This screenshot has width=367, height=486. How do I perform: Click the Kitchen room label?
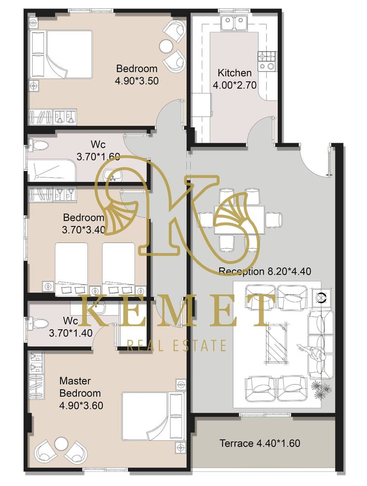click(x=234, y=73)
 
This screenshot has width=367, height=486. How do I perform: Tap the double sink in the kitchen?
click(x=234, y=23)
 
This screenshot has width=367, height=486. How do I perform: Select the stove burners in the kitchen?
click(x=267, y=61)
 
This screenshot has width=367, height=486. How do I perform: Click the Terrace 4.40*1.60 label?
click(x=260, y=443)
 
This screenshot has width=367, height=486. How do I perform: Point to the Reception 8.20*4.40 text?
click(x=265, y=271)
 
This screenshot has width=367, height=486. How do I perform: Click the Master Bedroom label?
click(x=80, y=387)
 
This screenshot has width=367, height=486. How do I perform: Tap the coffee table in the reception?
click(x=276, y=343)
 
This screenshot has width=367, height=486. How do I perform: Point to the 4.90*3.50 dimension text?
click(x=137, y=81)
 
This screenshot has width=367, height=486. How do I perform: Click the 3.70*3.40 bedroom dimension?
click(x=83, y=230)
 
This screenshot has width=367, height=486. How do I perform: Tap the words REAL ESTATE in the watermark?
click(x=177, y=345)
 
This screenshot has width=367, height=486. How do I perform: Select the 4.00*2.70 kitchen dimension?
click(x=234, y=85)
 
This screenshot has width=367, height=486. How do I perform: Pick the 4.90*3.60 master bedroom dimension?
click(x=81, y=406)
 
